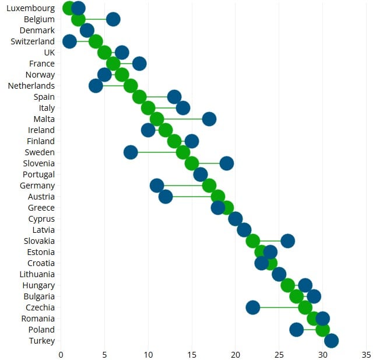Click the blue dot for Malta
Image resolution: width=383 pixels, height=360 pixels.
(209, 119)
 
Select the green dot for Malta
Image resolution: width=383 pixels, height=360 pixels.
(157, 119)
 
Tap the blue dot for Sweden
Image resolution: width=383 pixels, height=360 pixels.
(131, 152)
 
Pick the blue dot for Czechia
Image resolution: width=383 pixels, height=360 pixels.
(253, 307)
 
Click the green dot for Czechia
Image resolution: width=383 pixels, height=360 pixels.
(305, 307)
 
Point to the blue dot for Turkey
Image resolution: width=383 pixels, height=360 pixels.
(332, 341)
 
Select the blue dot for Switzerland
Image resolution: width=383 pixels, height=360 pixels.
(69, 41)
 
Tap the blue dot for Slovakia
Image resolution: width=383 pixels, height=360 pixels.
(288, 241)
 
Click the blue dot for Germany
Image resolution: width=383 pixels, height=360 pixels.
(157, 186)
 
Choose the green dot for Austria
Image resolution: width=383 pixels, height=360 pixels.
(218, 197)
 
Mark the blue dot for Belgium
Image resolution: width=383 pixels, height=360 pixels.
(113, 19)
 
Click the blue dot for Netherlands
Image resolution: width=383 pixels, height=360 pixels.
(96, 86)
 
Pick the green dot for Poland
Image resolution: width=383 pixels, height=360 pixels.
(323, 330)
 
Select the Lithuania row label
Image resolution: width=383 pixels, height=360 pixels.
(37, 274)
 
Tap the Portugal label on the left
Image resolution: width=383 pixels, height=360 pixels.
(38, 174)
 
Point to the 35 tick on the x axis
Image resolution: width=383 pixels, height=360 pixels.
(367, 354)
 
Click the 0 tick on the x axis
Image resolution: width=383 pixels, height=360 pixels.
(61, 354)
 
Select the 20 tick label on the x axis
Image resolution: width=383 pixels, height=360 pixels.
(236, 354)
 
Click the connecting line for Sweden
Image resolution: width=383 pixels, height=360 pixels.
(157, 152)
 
